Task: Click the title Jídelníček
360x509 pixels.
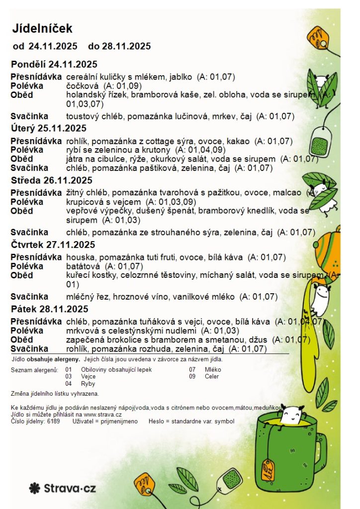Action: click(42, 29)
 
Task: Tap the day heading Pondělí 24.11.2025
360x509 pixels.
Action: click(54, 64)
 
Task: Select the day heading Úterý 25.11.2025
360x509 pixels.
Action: click(48, 128)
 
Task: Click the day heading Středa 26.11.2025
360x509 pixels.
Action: click(51, 180)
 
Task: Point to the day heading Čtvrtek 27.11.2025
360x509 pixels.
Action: click(53, 245)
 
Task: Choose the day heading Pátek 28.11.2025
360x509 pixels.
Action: click(49, 309)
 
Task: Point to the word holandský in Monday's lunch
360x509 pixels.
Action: click(84, 95)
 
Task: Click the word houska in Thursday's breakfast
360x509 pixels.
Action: click(78, 257)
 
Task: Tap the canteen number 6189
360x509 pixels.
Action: click(53, 421)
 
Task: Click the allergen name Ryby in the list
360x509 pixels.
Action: click(88, 384)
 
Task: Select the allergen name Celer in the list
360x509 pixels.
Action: click(212, 377)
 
